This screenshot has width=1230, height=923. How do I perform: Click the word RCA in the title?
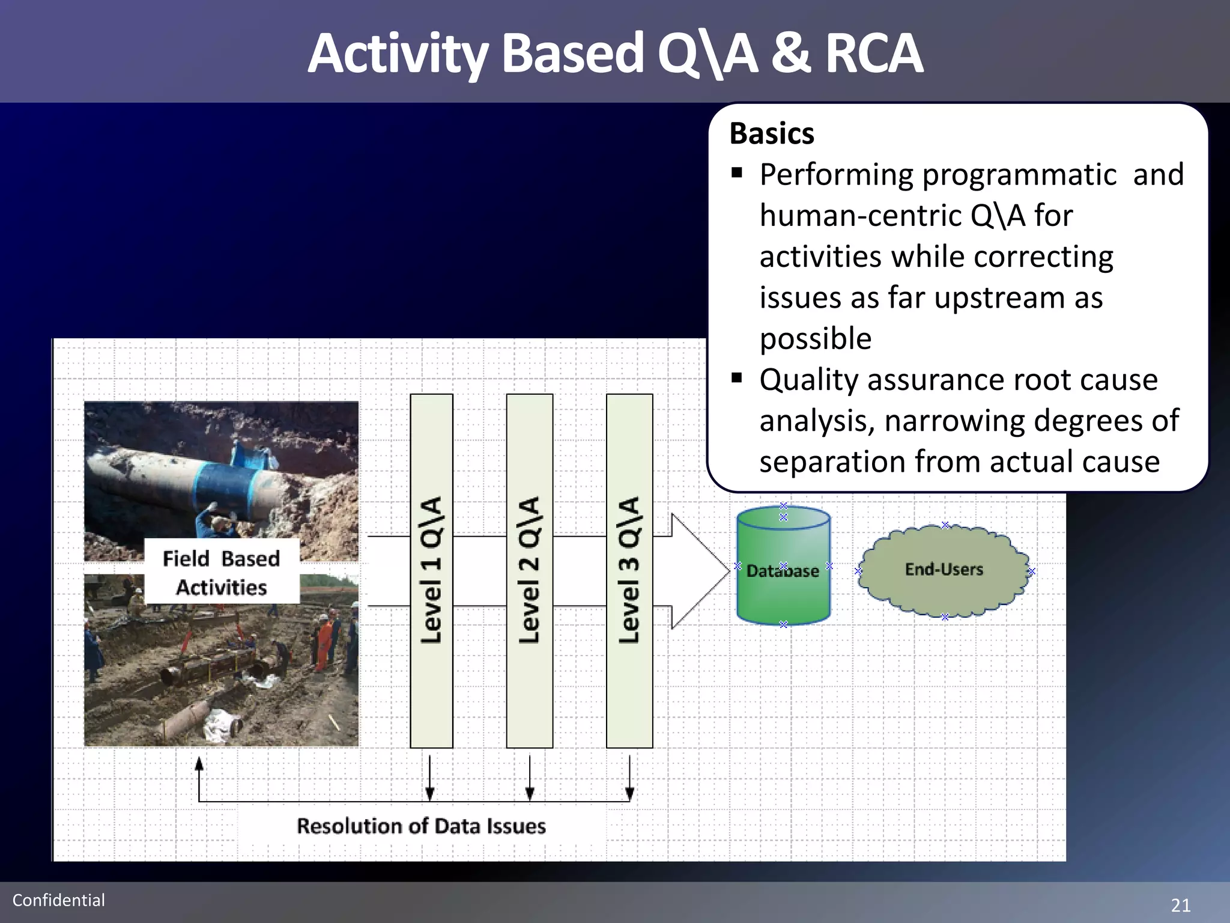coord(874,54)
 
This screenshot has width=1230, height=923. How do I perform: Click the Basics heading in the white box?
coord(772,133)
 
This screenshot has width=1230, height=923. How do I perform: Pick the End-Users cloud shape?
coord(944,570)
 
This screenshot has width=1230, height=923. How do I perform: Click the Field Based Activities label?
coord(222,573)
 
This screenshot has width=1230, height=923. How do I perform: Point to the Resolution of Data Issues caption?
coord(421,826)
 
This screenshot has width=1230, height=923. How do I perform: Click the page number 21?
coord(1180,905)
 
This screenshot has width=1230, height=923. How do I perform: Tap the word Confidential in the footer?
coord(59,900)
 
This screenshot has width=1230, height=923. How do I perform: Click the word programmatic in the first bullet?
coord(1019,175)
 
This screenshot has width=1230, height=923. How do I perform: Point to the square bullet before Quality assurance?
coord(737,379)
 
